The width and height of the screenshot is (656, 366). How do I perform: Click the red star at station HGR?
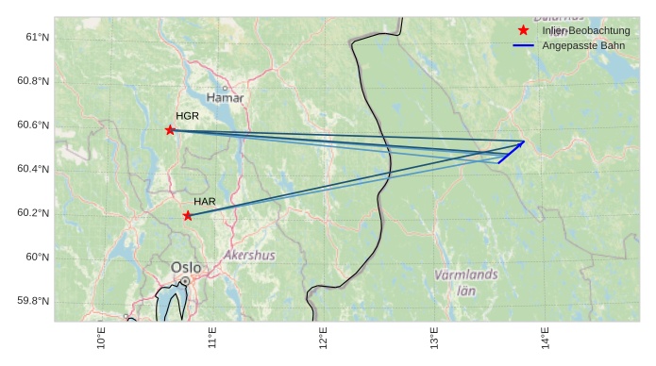pos(170,130)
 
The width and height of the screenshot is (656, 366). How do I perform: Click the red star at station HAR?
pos(188,216)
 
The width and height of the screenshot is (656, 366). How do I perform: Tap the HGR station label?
pos(187,116)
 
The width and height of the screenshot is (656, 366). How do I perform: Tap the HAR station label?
pos(205,202)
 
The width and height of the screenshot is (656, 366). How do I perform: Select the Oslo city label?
pos(186,268)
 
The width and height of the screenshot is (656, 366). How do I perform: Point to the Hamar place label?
pos(225,98)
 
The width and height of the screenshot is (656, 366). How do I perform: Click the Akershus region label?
pos(250,256)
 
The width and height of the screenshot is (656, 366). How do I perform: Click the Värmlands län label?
pos(466,282)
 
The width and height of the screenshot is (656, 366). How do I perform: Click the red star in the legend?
pos(523,31)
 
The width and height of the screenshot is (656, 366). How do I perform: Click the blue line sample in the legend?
pos(523,46)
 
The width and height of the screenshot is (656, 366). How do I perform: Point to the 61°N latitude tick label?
pos(36,37)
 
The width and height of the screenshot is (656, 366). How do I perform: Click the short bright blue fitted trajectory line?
pos(511,152)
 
